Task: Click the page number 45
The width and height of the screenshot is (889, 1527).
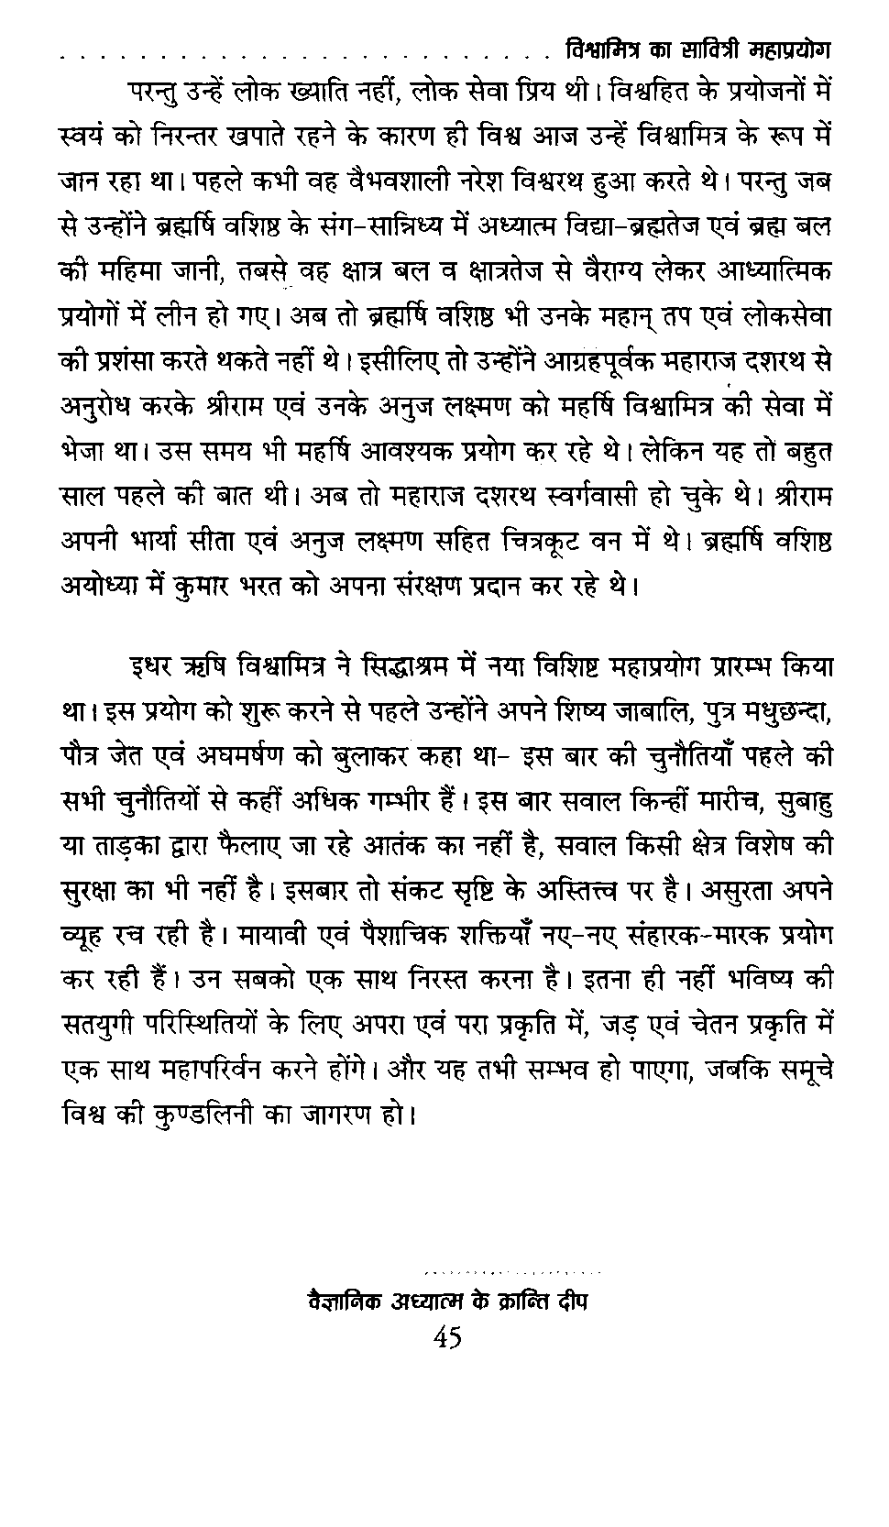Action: (x=447, y=1339)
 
